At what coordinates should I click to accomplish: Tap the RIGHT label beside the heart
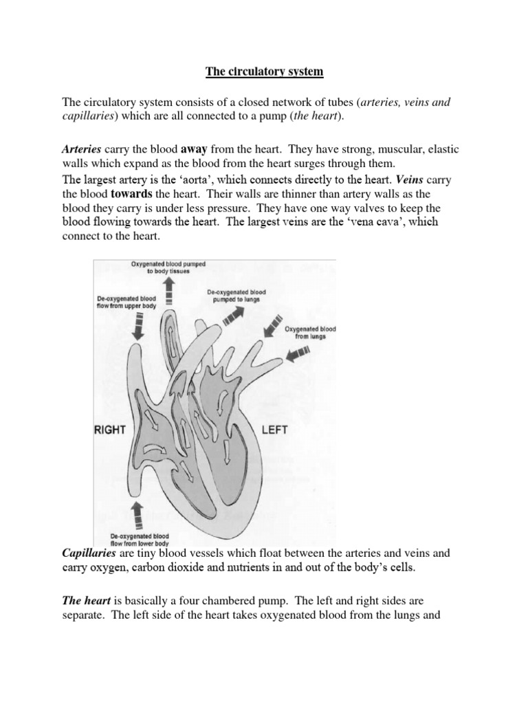109,430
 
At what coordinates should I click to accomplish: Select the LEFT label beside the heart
274,430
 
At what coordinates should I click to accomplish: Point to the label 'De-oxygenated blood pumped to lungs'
235,296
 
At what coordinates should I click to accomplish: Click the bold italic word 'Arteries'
82,148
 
